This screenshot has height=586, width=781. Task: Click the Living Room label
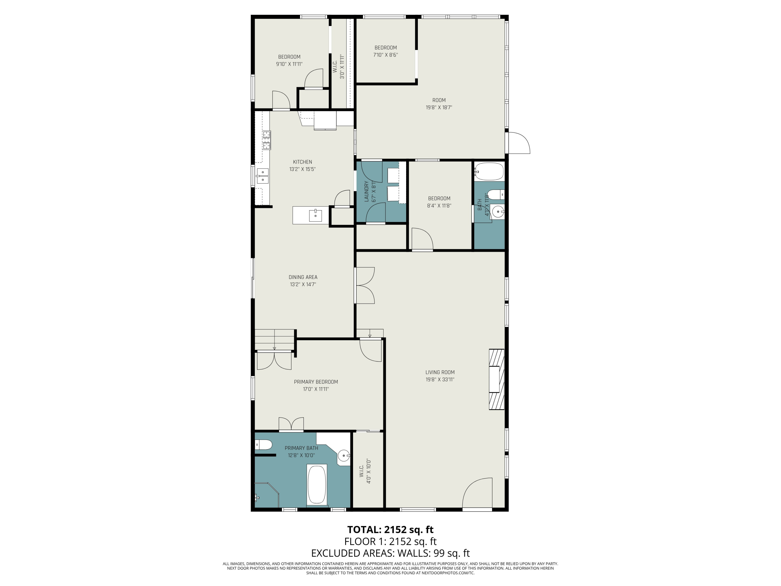[440, 372]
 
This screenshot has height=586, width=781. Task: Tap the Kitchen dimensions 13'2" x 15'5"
[302, 169]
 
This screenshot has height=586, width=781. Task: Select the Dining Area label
[303, 277]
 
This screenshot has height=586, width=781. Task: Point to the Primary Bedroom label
[316, 382]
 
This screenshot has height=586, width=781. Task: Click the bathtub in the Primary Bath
[317, 485]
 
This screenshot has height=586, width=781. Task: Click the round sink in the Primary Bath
[344, 456]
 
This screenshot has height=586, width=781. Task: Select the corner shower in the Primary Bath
[267, 495]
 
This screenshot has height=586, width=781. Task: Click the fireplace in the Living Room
[496, 379]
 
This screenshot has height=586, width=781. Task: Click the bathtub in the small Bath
[489, 171]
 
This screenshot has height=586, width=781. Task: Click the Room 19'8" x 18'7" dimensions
[439, 107]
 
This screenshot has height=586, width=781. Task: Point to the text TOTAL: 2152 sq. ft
[390, 529]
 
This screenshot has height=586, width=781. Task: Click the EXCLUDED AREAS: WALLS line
[390, 553]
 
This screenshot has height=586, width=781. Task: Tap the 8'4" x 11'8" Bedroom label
[439, 202]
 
